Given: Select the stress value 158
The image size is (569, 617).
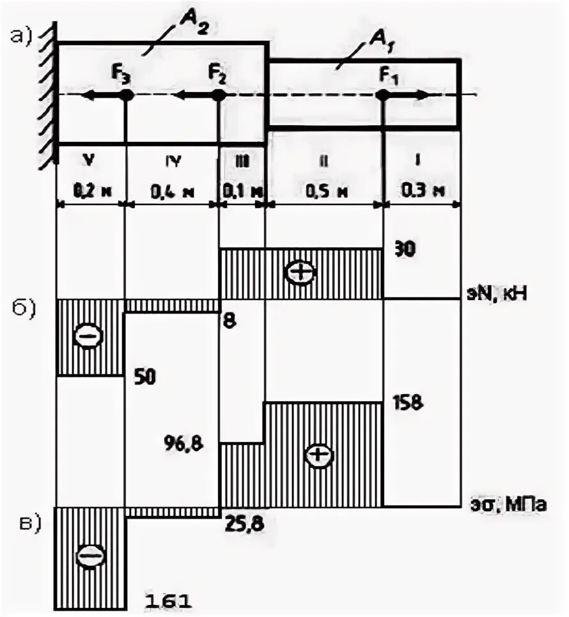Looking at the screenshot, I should [x=409, y=404].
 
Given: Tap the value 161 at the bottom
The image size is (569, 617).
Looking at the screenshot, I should [x=169, y=601].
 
